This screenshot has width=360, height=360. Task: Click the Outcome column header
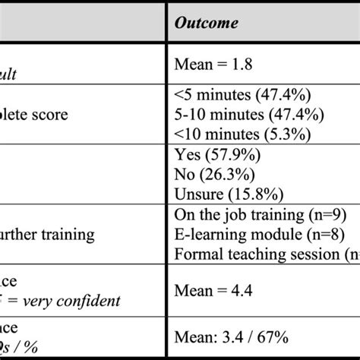tap(206, 24)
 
